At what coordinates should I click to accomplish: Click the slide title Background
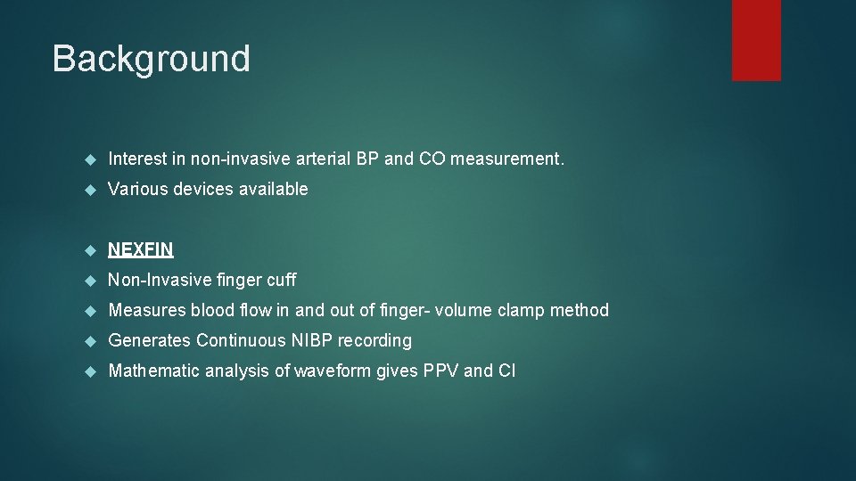point(151,59)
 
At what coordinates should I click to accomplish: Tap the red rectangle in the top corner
point(756,40)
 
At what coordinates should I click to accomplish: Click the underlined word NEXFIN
point(141,249)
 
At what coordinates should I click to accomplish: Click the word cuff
point(281,280)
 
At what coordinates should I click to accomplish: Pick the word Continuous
point(238,340)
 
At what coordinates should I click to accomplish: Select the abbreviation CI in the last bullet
point(506,371)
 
